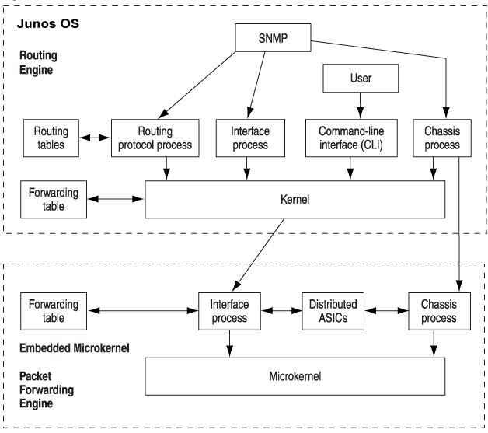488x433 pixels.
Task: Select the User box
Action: [360, 79]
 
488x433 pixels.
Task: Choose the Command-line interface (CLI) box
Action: [349, 137]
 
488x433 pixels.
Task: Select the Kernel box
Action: [296, 200]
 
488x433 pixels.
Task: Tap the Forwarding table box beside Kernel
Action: [54, 200]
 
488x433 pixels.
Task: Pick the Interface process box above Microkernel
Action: [228, 310]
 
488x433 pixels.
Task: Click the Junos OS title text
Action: [48, 23]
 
